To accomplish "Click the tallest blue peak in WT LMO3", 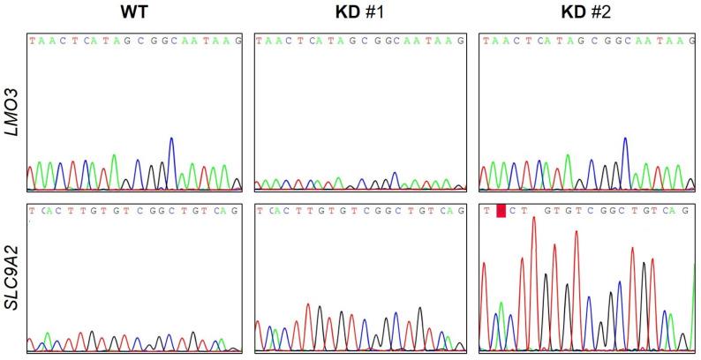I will [171, 139].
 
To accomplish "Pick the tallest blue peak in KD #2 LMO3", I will [625, 139].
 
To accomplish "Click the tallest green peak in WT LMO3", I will [113, 156].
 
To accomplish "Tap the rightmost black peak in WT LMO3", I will [238, 179].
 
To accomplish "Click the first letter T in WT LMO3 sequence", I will [32, 41].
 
